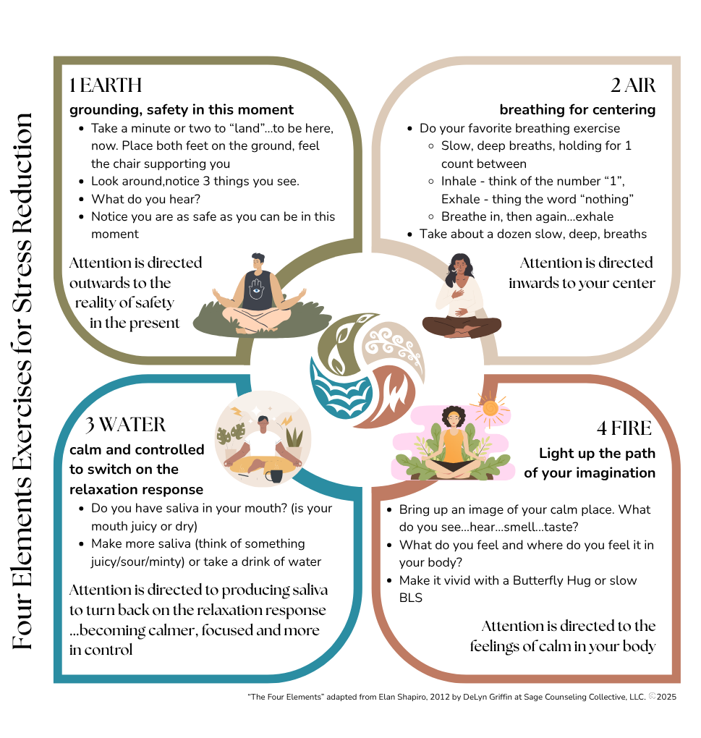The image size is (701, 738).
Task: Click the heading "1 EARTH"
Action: (106, 85)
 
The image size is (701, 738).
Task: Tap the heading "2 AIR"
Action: (632, 85)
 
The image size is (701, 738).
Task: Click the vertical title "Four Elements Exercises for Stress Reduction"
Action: (22, 381)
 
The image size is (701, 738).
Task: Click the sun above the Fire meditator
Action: (490, 410)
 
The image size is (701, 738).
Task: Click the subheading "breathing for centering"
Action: (577, 110)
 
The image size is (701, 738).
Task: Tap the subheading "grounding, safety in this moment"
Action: (182, 110)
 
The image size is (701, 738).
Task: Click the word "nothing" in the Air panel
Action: (604, 199)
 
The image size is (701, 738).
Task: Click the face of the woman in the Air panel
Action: (459, 267)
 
